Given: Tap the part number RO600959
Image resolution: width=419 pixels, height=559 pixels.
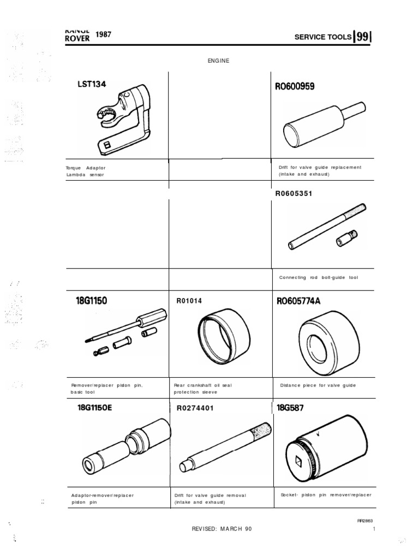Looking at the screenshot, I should tap(295, 86).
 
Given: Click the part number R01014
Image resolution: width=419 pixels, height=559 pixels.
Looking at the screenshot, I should tap(188, 300).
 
